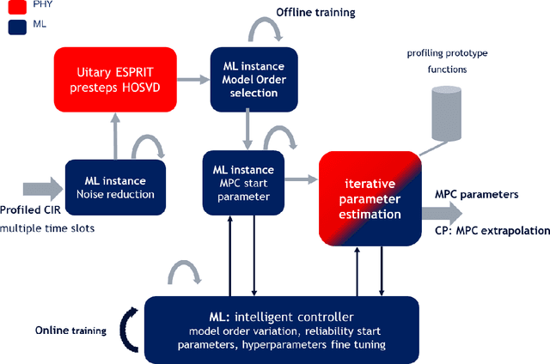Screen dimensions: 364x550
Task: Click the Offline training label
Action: click(315, 13)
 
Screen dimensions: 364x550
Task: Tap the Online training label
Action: click(70, 331)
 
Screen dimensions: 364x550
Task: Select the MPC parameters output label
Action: click(476, 194)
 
